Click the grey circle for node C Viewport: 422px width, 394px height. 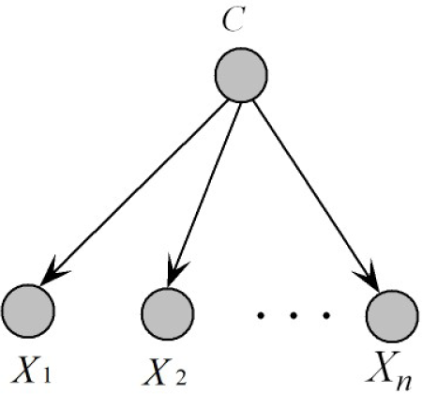point(242,76)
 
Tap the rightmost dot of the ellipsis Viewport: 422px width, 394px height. point(325,316)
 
